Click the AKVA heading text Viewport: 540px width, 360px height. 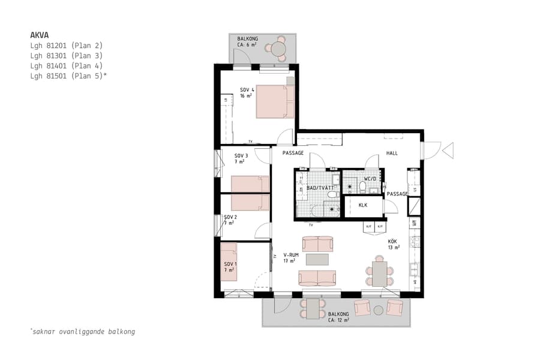[x=39, y=35]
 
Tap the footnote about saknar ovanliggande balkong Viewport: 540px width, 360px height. [x=82, y=331]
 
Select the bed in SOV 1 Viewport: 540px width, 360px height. [x=229, y=262]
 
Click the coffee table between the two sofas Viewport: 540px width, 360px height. [x=317, y=259]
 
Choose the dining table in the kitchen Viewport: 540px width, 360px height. [x=379, y=273]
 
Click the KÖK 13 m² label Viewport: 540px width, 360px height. [x=393, y=244]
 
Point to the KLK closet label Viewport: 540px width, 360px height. [x=362, y=205]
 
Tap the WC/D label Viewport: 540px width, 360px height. [x=370, y=179]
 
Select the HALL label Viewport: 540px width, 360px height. [x=392, y=154]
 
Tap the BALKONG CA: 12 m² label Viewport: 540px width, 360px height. [x=338, y=317]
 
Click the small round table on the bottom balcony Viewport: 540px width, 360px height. [x=378, y=310]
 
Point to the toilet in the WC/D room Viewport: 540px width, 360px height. [x=362, y=188]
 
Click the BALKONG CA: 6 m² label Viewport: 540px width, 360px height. [x=247, y=41]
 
